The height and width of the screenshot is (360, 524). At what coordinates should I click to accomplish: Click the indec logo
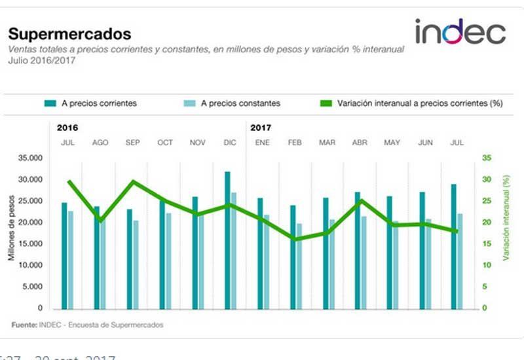click(x=460, y=31)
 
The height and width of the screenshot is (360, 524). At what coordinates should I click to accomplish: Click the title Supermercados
click(x=69, y=34)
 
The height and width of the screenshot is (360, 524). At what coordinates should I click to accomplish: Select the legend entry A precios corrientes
click(x=91, y=103)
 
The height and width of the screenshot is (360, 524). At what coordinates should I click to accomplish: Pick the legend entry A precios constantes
click(x=233, y=103)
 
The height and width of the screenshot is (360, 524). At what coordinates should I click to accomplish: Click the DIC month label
click(x=231, y=142)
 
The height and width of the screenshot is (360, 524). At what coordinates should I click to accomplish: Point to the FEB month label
click(x=295, y=142)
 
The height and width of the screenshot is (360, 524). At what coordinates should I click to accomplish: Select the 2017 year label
click(x=261, y=128)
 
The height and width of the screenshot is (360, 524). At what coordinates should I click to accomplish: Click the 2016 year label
click(x=67, y=128)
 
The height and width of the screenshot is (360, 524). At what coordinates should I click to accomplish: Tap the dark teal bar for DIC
click(x=227, y=242)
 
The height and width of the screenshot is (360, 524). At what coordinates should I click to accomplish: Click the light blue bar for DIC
click(x=234, y=252)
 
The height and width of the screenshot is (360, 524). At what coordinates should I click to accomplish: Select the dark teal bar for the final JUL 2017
click(x=454, y=249)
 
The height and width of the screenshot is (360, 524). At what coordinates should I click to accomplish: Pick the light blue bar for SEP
click(x=136, y=265)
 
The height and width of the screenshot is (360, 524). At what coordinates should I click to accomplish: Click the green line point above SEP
click(x=134, y=181)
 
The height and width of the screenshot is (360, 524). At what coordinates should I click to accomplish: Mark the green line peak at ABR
click(x=360, y=201)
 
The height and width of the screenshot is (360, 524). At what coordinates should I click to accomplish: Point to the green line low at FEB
click(x=295, y=239)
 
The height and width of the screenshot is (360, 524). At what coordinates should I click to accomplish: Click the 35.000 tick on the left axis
click(x=30, y=158)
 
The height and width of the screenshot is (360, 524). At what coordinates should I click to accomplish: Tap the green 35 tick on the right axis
click(x=486, y=158)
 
